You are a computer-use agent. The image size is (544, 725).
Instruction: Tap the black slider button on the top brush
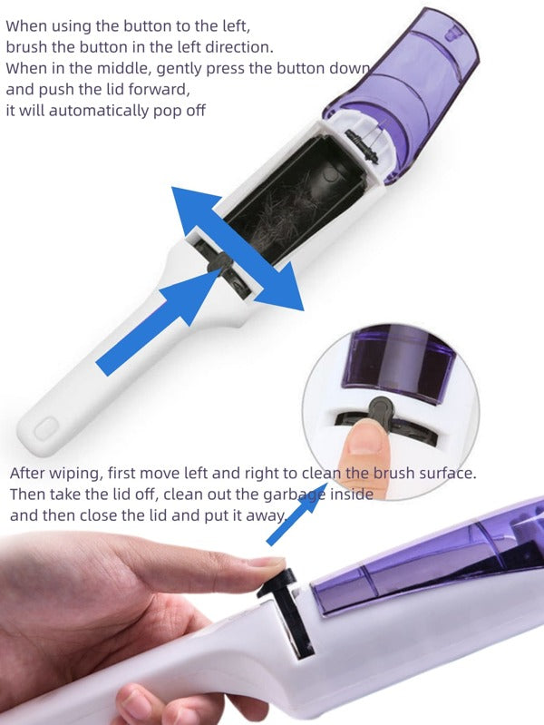[220, 262]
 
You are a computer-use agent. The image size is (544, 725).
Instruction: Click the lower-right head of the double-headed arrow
[280, 288]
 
